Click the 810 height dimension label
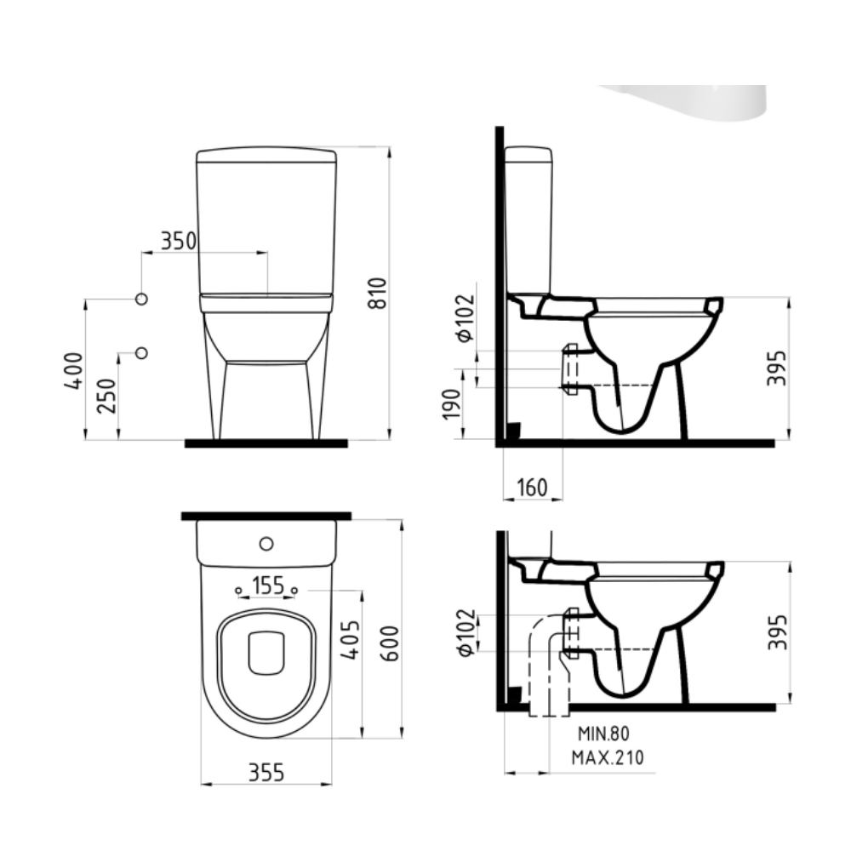click(x=378, y=293)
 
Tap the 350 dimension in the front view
click(x=179, y=241)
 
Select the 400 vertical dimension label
click(x=74, y=371)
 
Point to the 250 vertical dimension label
click(x=106, y=396)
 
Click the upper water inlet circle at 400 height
click(x=141, y=299)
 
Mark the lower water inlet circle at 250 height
click(x=141, y=353)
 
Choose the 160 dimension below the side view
click(x=533, y=488)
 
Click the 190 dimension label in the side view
click(x=452, y=404)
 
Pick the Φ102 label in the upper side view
click(x=465, y=318)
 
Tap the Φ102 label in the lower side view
click(x=466, y=633)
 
